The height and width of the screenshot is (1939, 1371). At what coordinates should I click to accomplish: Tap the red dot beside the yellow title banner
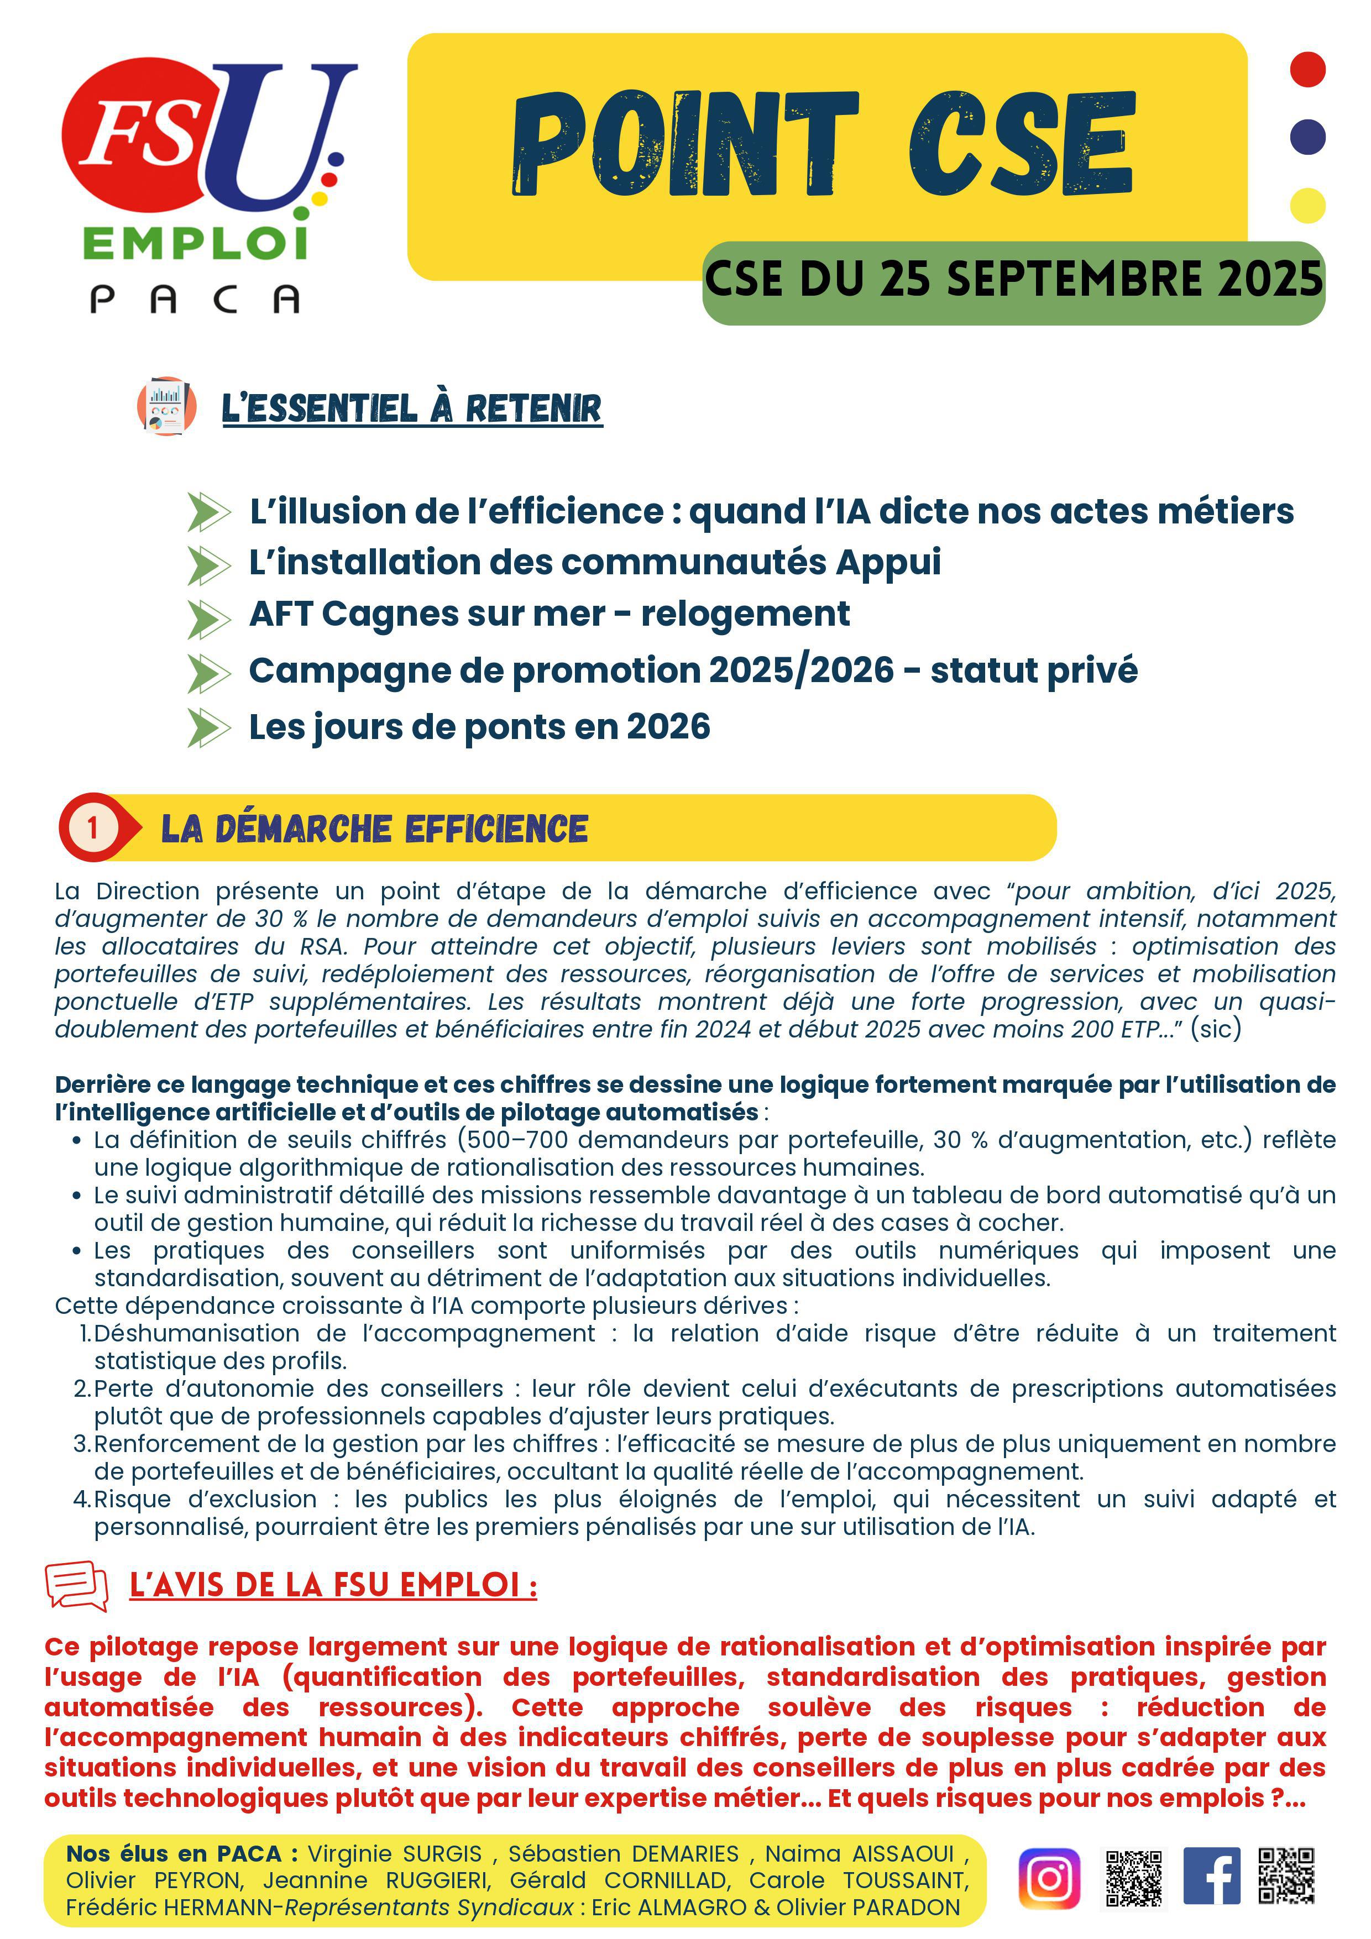(x=1307, y=69)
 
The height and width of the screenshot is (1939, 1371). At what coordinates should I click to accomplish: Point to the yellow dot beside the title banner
(x=1307, y=205)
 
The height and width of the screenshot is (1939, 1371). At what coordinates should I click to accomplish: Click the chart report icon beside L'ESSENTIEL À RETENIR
(x=166, y=406)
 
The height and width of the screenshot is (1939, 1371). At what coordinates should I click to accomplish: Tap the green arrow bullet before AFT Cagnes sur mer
(x=208, y=619)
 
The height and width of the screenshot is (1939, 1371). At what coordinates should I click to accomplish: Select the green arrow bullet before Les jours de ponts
(x=208, y=728)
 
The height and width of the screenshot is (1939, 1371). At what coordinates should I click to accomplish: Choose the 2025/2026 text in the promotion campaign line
(x=801, y=670)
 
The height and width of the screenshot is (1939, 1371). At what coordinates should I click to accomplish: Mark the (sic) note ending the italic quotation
(x=1216, y=1029)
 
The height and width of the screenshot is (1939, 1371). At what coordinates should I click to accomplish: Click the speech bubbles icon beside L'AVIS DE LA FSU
(x=77, y=1585)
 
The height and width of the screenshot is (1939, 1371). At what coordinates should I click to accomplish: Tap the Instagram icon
(x=1049, y=1878)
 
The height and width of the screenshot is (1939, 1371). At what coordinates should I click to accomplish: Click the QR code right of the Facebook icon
(x=1286, y=1875)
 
